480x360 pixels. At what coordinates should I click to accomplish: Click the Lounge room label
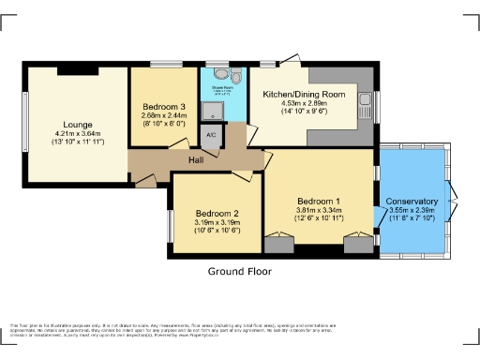(x=78, y=124)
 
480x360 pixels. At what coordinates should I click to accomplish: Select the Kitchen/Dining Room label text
(x=304, y=95)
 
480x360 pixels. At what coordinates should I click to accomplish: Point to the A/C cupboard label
(x=209, y=134)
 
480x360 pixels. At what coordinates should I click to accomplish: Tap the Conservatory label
(x=412, y=202)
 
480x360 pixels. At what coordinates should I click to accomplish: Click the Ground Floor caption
(x=239, y=272)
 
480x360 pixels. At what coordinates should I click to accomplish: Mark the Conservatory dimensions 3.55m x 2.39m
(x=412, y=211)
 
